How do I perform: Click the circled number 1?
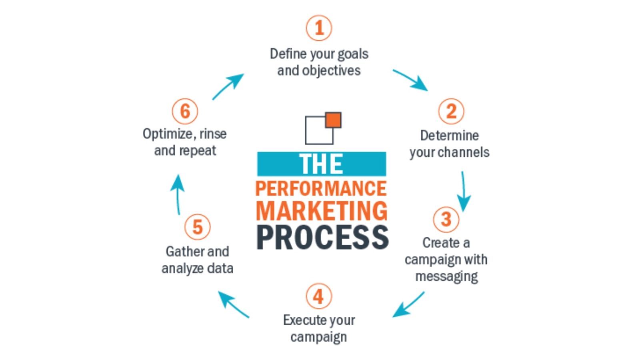click(x=319, y=28)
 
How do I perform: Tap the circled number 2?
click(x=451, y=111)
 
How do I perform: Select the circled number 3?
click(x=446, y=219)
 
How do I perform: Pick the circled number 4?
click(x=319, y=296)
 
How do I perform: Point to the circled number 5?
click(x=198, y=227)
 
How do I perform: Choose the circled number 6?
click(x=185, y=111)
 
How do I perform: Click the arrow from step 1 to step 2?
click(x=411, y=80)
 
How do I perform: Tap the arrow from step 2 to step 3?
click(x=464, y=192)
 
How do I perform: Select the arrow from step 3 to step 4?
click(x=408, y=304)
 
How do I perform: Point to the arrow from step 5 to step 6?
click(x=178, y=194)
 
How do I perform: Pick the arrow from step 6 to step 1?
click(x=228, y=86)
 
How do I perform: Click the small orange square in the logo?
click(x=333, y=120)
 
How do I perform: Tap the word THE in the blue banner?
click(x=321, y=164)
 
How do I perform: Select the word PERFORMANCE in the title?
click(x=321, y=188)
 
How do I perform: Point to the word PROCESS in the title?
click(x=322, y=237)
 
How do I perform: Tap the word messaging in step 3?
click(x=446, y=276)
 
